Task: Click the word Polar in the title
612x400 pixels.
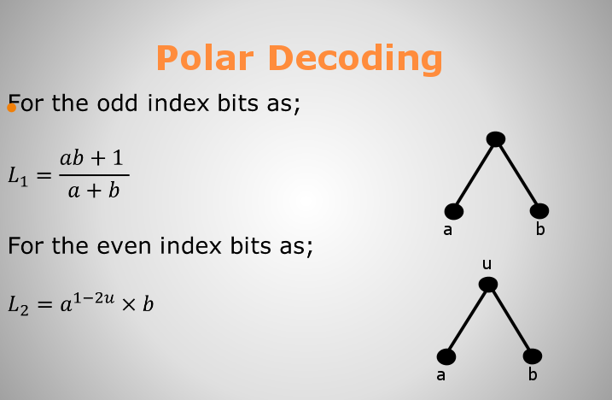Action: pos(205,58)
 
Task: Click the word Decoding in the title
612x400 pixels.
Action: pos(355,59)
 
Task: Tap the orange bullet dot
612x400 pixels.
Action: pos(11,107)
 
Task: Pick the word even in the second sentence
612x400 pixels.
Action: pos(124,246)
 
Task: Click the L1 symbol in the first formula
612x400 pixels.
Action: pos(18,175)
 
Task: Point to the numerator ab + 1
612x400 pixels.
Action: pos(91,158)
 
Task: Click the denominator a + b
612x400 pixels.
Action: pos(94,191)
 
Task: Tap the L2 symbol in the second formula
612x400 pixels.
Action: pos(18,304)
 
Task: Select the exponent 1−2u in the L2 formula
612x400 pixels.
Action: pos(94,298)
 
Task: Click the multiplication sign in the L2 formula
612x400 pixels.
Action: pos(128,304)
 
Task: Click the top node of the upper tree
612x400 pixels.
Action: pos(496,139)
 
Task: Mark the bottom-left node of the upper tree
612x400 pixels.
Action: pos(454,211)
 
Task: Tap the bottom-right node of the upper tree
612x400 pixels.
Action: pos(539,211)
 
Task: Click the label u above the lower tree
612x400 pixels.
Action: pos(487,264)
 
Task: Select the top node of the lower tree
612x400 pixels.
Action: pos(488,285)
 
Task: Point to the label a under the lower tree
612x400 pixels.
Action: pos(440,375)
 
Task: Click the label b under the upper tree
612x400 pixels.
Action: pos(540,229)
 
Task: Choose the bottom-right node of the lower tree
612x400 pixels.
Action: pos(533,356)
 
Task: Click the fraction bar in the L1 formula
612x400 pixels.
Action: pos(94,175)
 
